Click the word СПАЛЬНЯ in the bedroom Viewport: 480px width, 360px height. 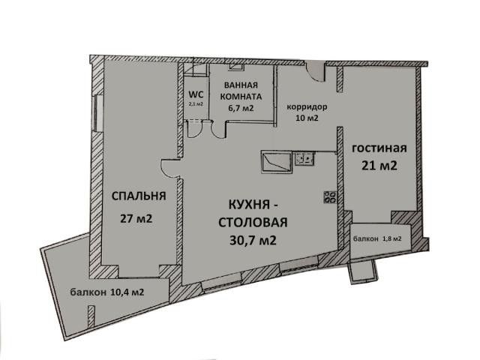pyautogui.click(x=139, y=196)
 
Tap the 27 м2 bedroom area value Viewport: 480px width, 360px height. pyautogui.click(x=136, y=219)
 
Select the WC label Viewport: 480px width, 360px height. pyautogui.click(x=196, y=94)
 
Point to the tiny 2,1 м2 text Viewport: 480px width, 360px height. pyautogui.click(x=196, y=103)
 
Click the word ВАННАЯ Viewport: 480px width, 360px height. pyautogui.click(x=241, y=85)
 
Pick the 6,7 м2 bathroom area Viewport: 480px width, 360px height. pyautogui.click(x=241, y=108)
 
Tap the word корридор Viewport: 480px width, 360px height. pyautogui.click(x=307, y=107)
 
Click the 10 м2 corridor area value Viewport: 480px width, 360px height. pyautogui.click(x=307, y=118)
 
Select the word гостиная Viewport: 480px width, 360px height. pyautogui.click(x=379, y=148)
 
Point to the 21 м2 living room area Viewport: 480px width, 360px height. pyautogui.click(x=379, y=166)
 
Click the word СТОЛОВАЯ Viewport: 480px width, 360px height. pyautogui.click(x=253, y=223)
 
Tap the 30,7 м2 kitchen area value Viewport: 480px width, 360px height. pyautogui.click(x=253, y=241)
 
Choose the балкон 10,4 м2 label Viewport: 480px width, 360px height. pyautogui.click(x=107, y=292)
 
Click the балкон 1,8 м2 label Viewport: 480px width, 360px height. pyautogui.click(x=377, y=238)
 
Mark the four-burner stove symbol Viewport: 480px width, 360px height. pyautogui.click(x=330, y=197)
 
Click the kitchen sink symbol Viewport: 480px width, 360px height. pyautogui.click(x=304, y=159)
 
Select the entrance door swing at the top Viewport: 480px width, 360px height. pyautogui.click(x=316, y=72)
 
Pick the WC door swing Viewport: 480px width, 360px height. pyautogui.click(x=193, y=130)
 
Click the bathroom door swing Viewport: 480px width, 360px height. pyautogui.click(x=218, y=130)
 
